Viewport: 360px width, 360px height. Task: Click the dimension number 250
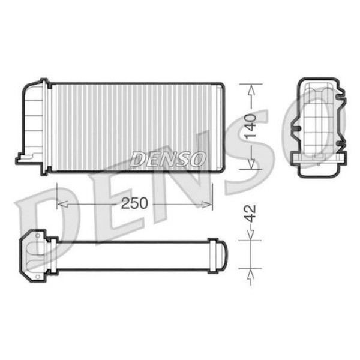tap(134, 203)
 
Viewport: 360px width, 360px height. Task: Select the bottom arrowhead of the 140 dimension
tap(251, 165)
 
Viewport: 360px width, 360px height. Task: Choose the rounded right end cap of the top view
tap(217, 255)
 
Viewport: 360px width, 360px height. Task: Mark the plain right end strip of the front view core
tap(220, 128)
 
